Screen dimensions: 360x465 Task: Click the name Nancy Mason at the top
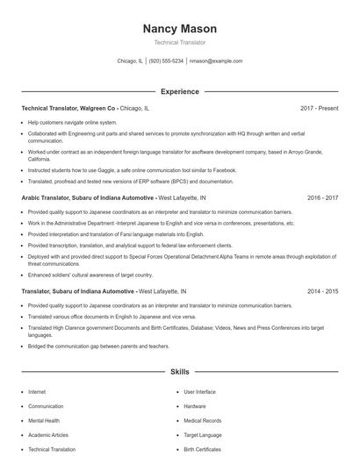click(179, 29)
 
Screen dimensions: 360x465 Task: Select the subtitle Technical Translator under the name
click(179, 42)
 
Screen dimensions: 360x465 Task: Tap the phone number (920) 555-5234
click(166, 61)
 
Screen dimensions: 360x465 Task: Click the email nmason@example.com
click(216, 61)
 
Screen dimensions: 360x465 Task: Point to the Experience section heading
click(179, 91)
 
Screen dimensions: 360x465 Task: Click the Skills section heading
click(179, 372)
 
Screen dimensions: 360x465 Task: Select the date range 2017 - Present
click(319, 108)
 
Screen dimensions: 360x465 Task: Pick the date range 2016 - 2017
click(322, 198)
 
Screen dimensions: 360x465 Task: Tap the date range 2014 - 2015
click(322, 290)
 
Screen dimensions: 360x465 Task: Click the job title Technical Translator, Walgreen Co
click(68, 108)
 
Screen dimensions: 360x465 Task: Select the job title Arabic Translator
click(48, 198)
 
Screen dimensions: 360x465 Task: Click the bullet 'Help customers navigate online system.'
click(72, 122)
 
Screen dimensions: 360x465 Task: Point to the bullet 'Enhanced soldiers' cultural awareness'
click(84, 275)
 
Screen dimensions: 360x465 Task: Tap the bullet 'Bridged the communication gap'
click(98, 346)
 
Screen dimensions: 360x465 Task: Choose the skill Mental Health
click(44, 420)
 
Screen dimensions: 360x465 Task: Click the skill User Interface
click(199, 392)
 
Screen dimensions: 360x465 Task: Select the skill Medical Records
click(202, 420)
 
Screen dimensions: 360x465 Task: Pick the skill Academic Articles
click(48, 434)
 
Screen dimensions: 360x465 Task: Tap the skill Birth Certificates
click(202, 448)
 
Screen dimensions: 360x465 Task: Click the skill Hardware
click(195, 406)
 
